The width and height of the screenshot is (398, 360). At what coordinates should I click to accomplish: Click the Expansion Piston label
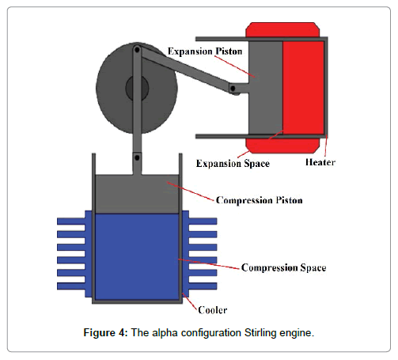click(205, 51)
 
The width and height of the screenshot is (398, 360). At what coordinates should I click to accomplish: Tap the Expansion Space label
click(233, 164)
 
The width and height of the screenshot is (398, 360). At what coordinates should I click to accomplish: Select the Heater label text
click(320, 162)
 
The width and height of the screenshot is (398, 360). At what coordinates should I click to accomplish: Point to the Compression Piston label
click(260, 200)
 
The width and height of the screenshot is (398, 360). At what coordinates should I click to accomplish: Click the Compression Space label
click(284, 267)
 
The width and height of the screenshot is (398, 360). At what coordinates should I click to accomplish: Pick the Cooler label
click(213, 310)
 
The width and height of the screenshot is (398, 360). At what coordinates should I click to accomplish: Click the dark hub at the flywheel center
click(137, 89)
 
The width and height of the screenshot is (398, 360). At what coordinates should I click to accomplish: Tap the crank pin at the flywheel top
click(137, 49)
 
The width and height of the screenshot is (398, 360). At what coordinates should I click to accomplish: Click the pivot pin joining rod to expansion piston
click(233, 89)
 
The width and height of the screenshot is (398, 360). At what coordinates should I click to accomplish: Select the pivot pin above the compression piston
click(137, 157)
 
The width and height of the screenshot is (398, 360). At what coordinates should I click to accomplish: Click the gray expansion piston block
click(266, 88)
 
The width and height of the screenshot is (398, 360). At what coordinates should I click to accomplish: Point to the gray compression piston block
click(137, 194)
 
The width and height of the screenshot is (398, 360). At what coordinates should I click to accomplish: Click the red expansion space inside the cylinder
click(303, 88)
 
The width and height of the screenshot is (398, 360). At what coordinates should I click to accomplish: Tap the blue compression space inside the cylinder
click(137, 256)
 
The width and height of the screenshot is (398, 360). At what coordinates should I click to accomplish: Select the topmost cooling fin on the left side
click(71, 222)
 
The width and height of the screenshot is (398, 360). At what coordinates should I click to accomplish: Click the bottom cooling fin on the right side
click(203, 286)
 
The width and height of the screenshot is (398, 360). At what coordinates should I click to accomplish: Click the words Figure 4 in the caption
click(105, 333)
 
